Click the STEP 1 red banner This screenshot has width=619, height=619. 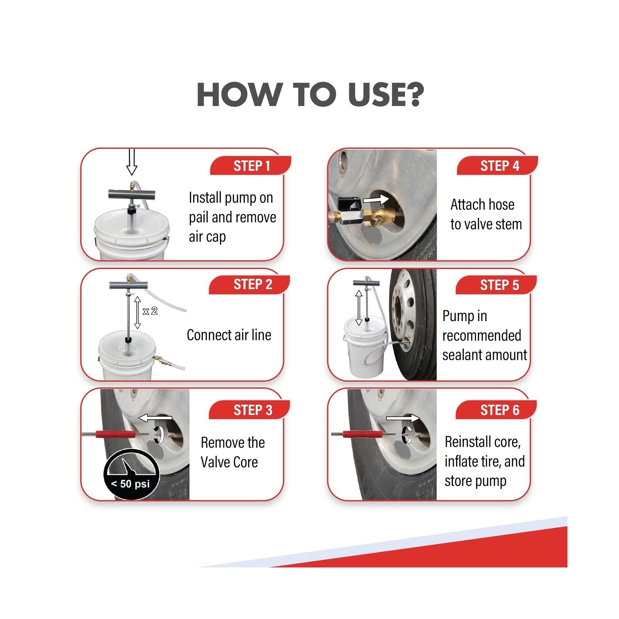tap(251, 166)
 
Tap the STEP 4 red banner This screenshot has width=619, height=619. tap(498, 166)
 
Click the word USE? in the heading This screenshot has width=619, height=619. tap(386, 95)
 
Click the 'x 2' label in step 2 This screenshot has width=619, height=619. tap(150, 311)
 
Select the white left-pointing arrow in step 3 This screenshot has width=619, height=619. tap(155, 418)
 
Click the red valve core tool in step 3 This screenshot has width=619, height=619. tap(115, 434)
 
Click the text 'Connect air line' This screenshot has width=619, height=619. tap(229, 335)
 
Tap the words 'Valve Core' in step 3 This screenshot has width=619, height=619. tap(229, 462)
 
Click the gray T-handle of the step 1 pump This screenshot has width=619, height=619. tap(131, 193)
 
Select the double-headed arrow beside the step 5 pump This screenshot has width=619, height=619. tap(359, 308)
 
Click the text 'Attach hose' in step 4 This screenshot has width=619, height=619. tap(482, 205)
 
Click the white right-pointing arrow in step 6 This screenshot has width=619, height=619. tap(403, 418)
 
